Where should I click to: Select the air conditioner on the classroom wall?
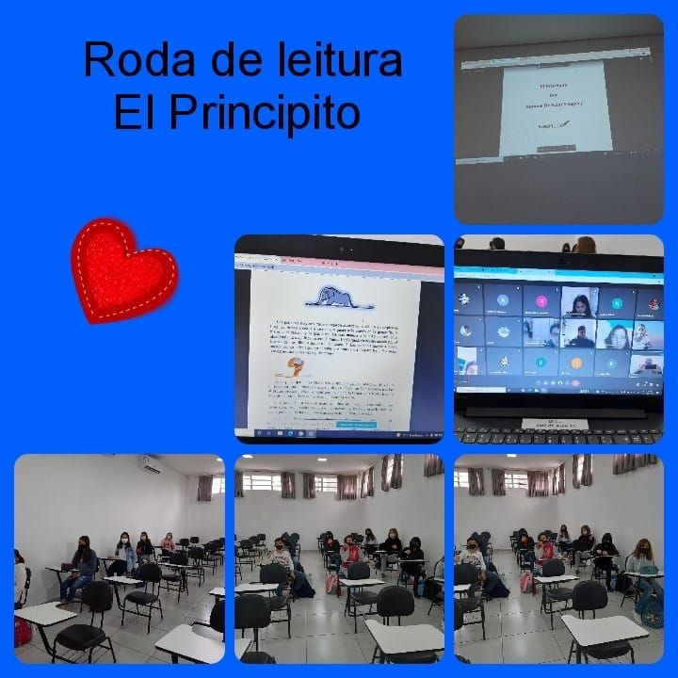[x=150, y=463]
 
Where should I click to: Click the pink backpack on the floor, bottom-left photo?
[x=23, y=631]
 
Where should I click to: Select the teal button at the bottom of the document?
[x=355, y=425]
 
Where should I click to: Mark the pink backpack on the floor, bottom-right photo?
[x=525, y=581]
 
